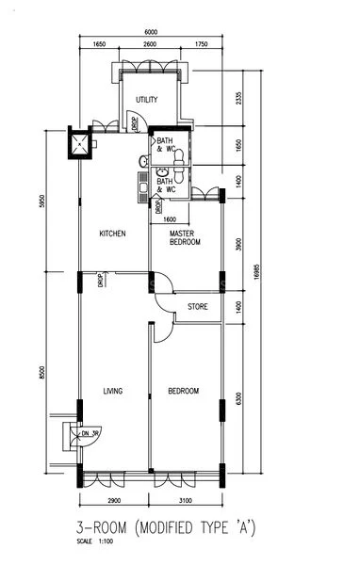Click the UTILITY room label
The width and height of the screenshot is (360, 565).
coord(146,99)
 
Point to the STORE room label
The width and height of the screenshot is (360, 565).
coord(197,307)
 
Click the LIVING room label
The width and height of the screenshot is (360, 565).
coord(113,391)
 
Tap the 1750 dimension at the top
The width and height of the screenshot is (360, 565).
coord(201,45)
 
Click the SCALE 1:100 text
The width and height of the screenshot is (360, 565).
coord(93,541)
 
